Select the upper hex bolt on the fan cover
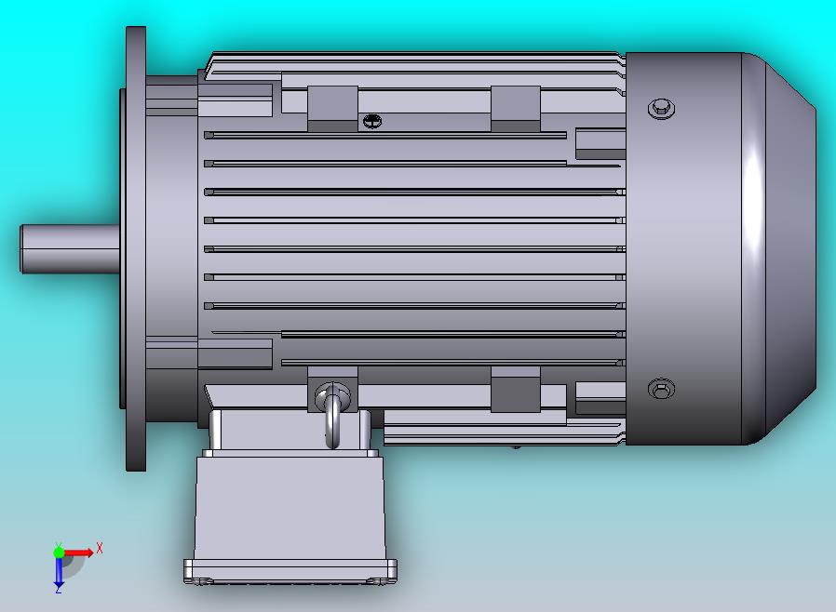point(661,109)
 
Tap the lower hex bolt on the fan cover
point(661,389)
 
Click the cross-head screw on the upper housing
point(372,122)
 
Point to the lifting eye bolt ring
point(332,416)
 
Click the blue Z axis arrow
point(59,571)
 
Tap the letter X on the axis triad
point(100,548)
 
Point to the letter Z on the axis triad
point(58,590)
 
